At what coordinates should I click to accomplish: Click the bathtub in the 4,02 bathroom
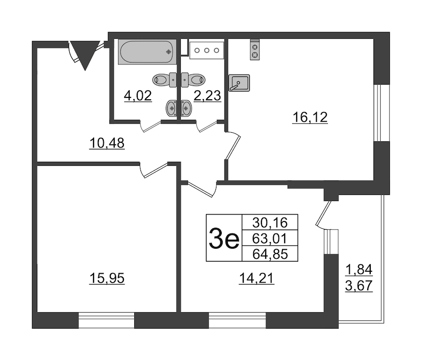tap(147, 52)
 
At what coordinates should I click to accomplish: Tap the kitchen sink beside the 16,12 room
tap(239, 83)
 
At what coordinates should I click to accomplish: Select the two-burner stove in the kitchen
tap(255, 50)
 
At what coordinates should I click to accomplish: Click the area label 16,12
tap(310, 117)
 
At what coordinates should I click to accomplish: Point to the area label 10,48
tap(107, 143)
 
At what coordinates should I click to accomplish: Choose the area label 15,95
tap(107, 279)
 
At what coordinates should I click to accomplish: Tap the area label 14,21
tap(257, 279)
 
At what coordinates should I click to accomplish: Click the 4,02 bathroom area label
tap(138, 96)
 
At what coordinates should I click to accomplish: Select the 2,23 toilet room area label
tap(207, 96)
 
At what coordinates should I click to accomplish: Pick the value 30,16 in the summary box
tap(270, 222)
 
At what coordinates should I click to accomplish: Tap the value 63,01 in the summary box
tap(270, 238)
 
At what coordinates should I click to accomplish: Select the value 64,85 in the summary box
tap(270, 254)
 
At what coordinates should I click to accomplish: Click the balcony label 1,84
tap(359, 270)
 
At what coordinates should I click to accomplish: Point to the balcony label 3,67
tap(359, 286)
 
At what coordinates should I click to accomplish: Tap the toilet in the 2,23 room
tap(193, 80)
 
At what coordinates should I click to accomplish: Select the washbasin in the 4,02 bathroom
tap(172, 109)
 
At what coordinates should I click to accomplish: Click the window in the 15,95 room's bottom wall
tap(107, 320)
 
